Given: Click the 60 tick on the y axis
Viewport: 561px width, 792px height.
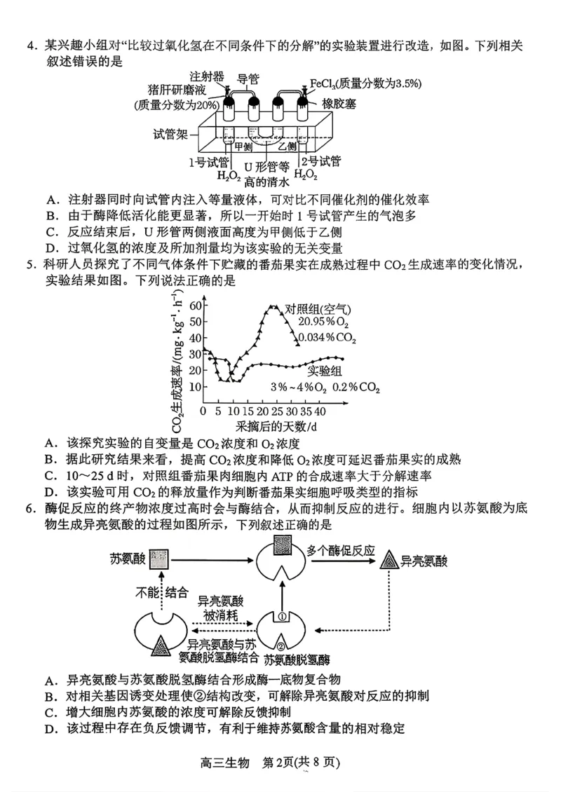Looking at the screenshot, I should tap(194, 306).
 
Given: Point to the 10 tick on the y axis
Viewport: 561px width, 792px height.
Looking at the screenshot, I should tap(194, 387).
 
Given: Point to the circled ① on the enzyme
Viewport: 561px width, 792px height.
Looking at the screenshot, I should tap(281, 617).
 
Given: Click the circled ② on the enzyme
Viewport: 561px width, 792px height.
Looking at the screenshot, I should tap(280, 646).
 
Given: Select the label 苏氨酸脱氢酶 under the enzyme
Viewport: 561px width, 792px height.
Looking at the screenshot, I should tap(297, 660).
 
